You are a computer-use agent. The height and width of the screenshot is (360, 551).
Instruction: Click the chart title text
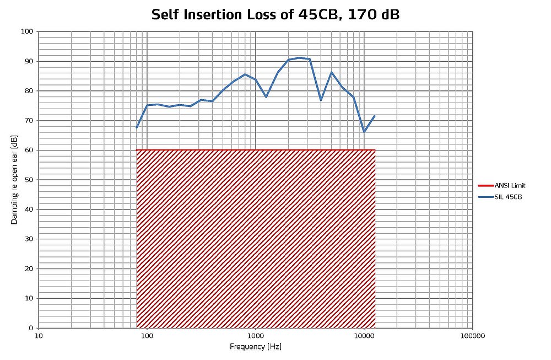click(275, 15)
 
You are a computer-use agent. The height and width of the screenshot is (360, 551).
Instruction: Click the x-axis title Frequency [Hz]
click(255, 347)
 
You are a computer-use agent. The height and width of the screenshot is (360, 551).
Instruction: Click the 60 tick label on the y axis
click(29, 150)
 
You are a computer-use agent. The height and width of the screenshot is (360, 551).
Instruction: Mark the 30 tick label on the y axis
click(29, 239)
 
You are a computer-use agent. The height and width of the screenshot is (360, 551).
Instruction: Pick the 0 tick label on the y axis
click(31, 328)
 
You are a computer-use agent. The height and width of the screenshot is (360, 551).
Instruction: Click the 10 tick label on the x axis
click(38, 335)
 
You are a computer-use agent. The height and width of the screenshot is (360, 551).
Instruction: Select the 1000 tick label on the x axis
click(255, 335)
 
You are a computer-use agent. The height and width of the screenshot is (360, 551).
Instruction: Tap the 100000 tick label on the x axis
click(472, 335)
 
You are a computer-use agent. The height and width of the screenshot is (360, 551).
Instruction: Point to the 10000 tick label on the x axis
click(364, 335)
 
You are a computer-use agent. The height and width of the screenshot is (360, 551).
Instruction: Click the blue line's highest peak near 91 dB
click(299, 57)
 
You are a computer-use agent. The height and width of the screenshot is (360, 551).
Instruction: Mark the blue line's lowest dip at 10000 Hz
click(364, 132)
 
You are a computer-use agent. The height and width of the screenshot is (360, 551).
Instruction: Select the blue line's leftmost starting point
click(137, 128)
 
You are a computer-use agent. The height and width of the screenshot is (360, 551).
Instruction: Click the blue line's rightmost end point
click(375, 116)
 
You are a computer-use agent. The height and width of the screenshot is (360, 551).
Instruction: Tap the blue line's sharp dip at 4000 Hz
click(321, 100)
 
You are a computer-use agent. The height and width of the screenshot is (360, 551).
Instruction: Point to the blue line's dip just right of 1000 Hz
click(266, 97)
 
